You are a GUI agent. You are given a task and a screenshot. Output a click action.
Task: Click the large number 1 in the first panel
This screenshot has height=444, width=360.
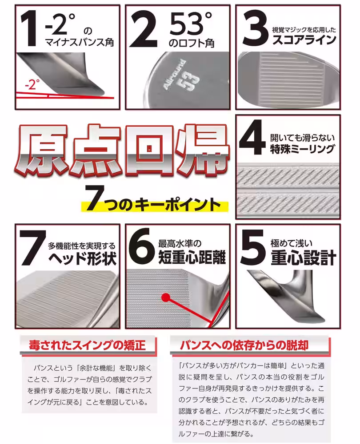click(x=28, y=28)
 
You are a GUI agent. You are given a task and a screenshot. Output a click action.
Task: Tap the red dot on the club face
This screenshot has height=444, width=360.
click(x=165, y=296)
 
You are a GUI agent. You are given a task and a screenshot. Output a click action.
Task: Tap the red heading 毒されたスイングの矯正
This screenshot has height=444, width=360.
click(x=87, y=345)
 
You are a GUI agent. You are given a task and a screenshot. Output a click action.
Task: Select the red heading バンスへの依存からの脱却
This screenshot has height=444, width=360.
click(x=244, y=345)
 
